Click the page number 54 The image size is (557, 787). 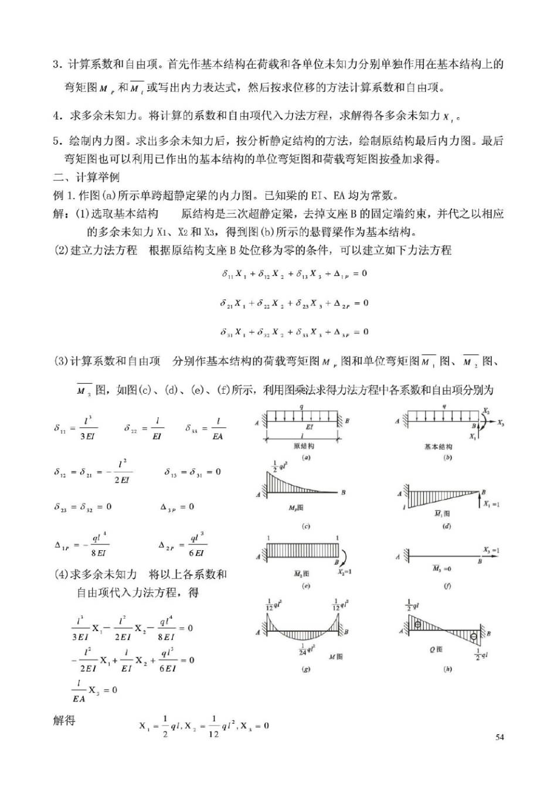tap(500, 737)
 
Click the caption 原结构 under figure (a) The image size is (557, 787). tap(304, 446)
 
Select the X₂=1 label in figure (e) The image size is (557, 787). tap(345, 572)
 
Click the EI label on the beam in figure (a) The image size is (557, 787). tap(309, 427)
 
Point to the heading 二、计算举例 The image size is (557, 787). tap(86, 177)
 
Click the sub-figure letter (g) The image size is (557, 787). tap(305, 669)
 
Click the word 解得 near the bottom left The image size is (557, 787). tap(64, 720)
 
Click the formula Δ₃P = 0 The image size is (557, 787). tap(177, 507)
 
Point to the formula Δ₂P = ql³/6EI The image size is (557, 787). tap(182, 545)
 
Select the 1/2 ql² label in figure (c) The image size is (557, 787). tap(280, 466)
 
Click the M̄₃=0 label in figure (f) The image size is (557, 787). tap(441, 568)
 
